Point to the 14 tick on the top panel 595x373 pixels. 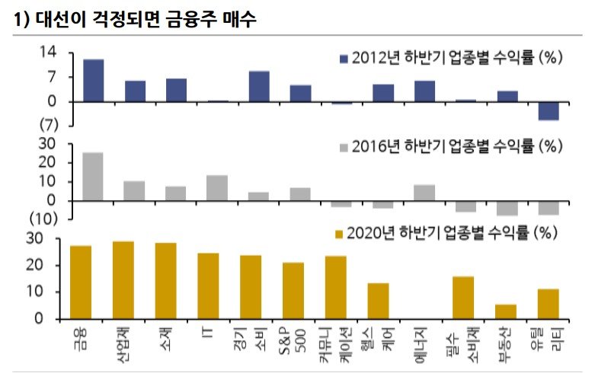point(48,52)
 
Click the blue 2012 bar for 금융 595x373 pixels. point(93,80)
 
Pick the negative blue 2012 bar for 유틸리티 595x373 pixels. point(549,110)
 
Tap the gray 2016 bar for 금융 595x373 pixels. point(93,177)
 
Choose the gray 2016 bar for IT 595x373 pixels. point(217,188)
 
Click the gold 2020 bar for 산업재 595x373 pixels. point(123,280)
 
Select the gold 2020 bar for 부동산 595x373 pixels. point(507,311)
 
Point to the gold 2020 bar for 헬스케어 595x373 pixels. point(378,301)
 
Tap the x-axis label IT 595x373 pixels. point(209,332)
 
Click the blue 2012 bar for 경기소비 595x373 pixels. point(259,86)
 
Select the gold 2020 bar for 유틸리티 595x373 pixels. point(549,304)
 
